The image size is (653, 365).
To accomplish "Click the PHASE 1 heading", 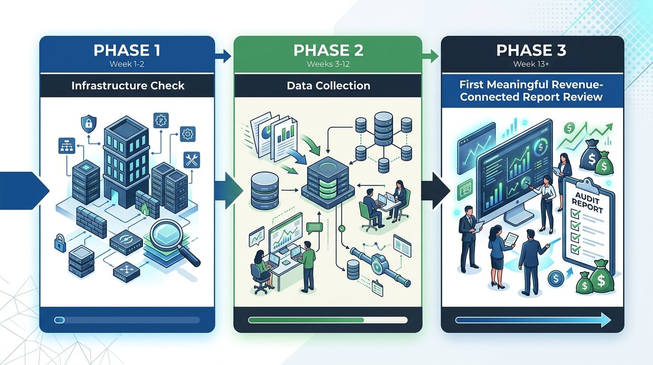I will pyautogui.click(x=127, y=50).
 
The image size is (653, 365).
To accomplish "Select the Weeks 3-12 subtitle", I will pyautogui.click(x=327, y=64).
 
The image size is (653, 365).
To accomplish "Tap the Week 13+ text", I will pyautogui.click(x=531, y=64).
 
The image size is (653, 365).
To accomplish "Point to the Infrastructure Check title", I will pyautogui.click(x=128, y=86).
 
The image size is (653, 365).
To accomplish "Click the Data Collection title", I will pyautogui.click(x=328, y=86).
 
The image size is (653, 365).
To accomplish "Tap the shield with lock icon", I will pyautogui.click(x=87, y=125).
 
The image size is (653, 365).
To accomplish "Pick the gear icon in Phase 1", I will pyautogui.click(x=187, y=134).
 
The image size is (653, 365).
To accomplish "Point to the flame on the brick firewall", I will pyautogui.click(x=144, y=208).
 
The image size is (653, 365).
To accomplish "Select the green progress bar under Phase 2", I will pyautogui.click(x=306, y=320).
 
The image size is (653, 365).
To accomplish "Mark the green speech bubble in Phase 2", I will pyautogui.click(x=314, y=228).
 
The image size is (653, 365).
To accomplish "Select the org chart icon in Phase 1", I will pyautogui.click(x=65, y=146).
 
